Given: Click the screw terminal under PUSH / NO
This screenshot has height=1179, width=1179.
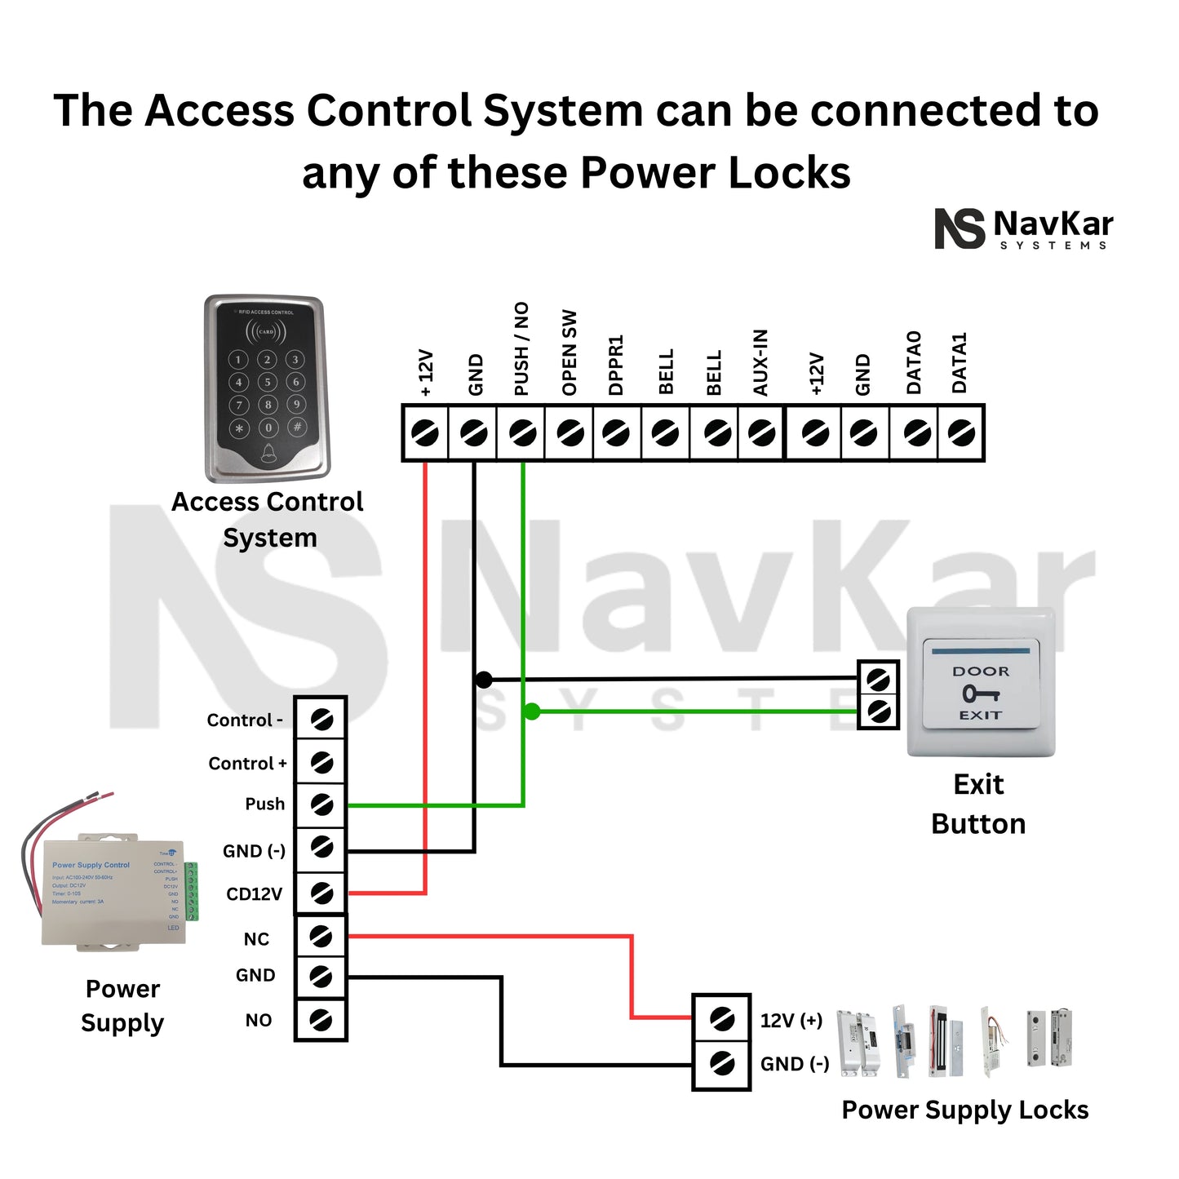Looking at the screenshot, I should point(522,432).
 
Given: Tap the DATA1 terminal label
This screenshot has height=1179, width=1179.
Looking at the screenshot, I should point(960,363).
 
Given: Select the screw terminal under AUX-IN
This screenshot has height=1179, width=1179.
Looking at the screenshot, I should point(762,432).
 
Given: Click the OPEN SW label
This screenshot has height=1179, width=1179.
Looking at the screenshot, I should point(570,352).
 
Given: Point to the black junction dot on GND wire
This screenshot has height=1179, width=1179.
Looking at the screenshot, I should point(483,680).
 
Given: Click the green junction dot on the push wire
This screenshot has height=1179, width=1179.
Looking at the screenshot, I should point(532,711).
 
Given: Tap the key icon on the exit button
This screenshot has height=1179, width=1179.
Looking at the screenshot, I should point(980,694).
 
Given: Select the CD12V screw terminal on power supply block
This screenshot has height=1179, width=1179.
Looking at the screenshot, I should point(321,893).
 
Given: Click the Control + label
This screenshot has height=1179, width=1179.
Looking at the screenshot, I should point(247,764).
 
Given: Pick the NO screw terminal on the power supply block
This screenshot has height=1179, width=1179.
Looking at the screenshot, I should point(321,1020).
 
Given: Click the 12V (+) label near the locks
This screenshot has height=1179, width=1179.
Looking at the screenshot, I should point(791,1021).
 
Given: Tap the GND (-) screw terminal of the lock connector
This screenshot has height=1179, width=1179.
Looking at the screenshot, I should point(721,1063).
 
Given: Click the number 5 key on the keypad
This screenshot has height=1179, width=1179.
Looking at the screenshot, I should point(268,382).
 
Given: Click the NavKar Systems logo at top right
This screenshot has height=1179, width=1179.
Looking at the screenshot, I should point(1024,229).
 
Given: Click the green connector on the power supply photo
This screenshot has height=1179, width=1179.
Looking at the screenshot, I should point(192,891).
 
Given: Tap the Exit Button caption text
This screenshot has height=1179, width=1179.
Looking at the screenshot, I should point(978,804).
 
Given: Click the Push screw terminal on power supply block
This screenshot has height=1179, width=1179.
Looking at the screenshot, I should point(321,804).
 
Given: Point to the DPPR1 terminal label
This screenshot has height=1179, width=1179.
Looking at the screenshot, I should point(616,365).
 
